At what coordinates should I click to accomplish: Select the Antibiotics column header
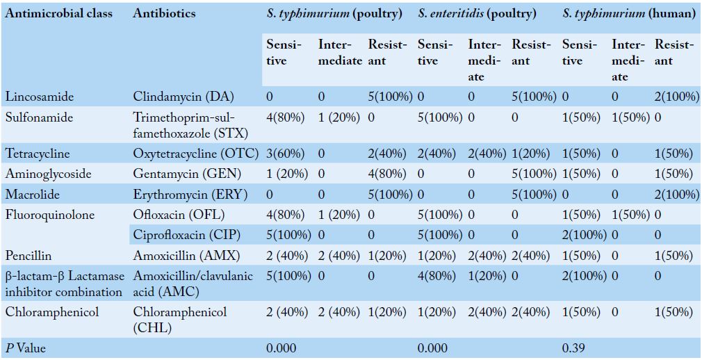164,13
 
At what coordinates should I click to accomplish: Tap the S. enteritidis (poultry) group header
477,13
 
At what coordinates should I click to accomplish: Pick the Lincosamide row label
32,96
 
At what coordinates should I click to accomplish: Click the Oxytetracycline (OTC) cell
195,153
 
